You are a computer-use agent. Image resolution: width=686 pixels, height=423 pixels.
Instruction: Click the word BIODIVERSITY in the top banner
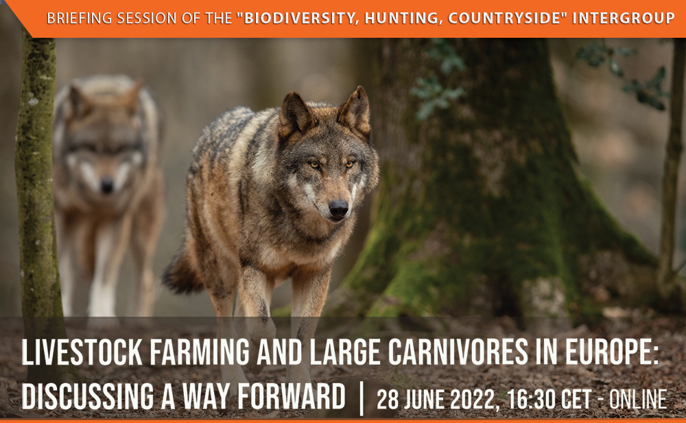[296, 19]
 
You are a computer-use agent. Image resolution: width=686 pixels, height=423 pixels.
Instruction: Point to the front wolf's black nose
[338, 208]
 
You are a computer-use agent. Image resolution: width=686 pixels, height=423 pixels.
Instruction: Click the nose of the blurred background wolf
[108, 185]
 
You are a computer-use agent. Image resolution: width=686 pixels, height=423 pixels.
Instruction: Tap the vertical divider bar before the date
[362, 398]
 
